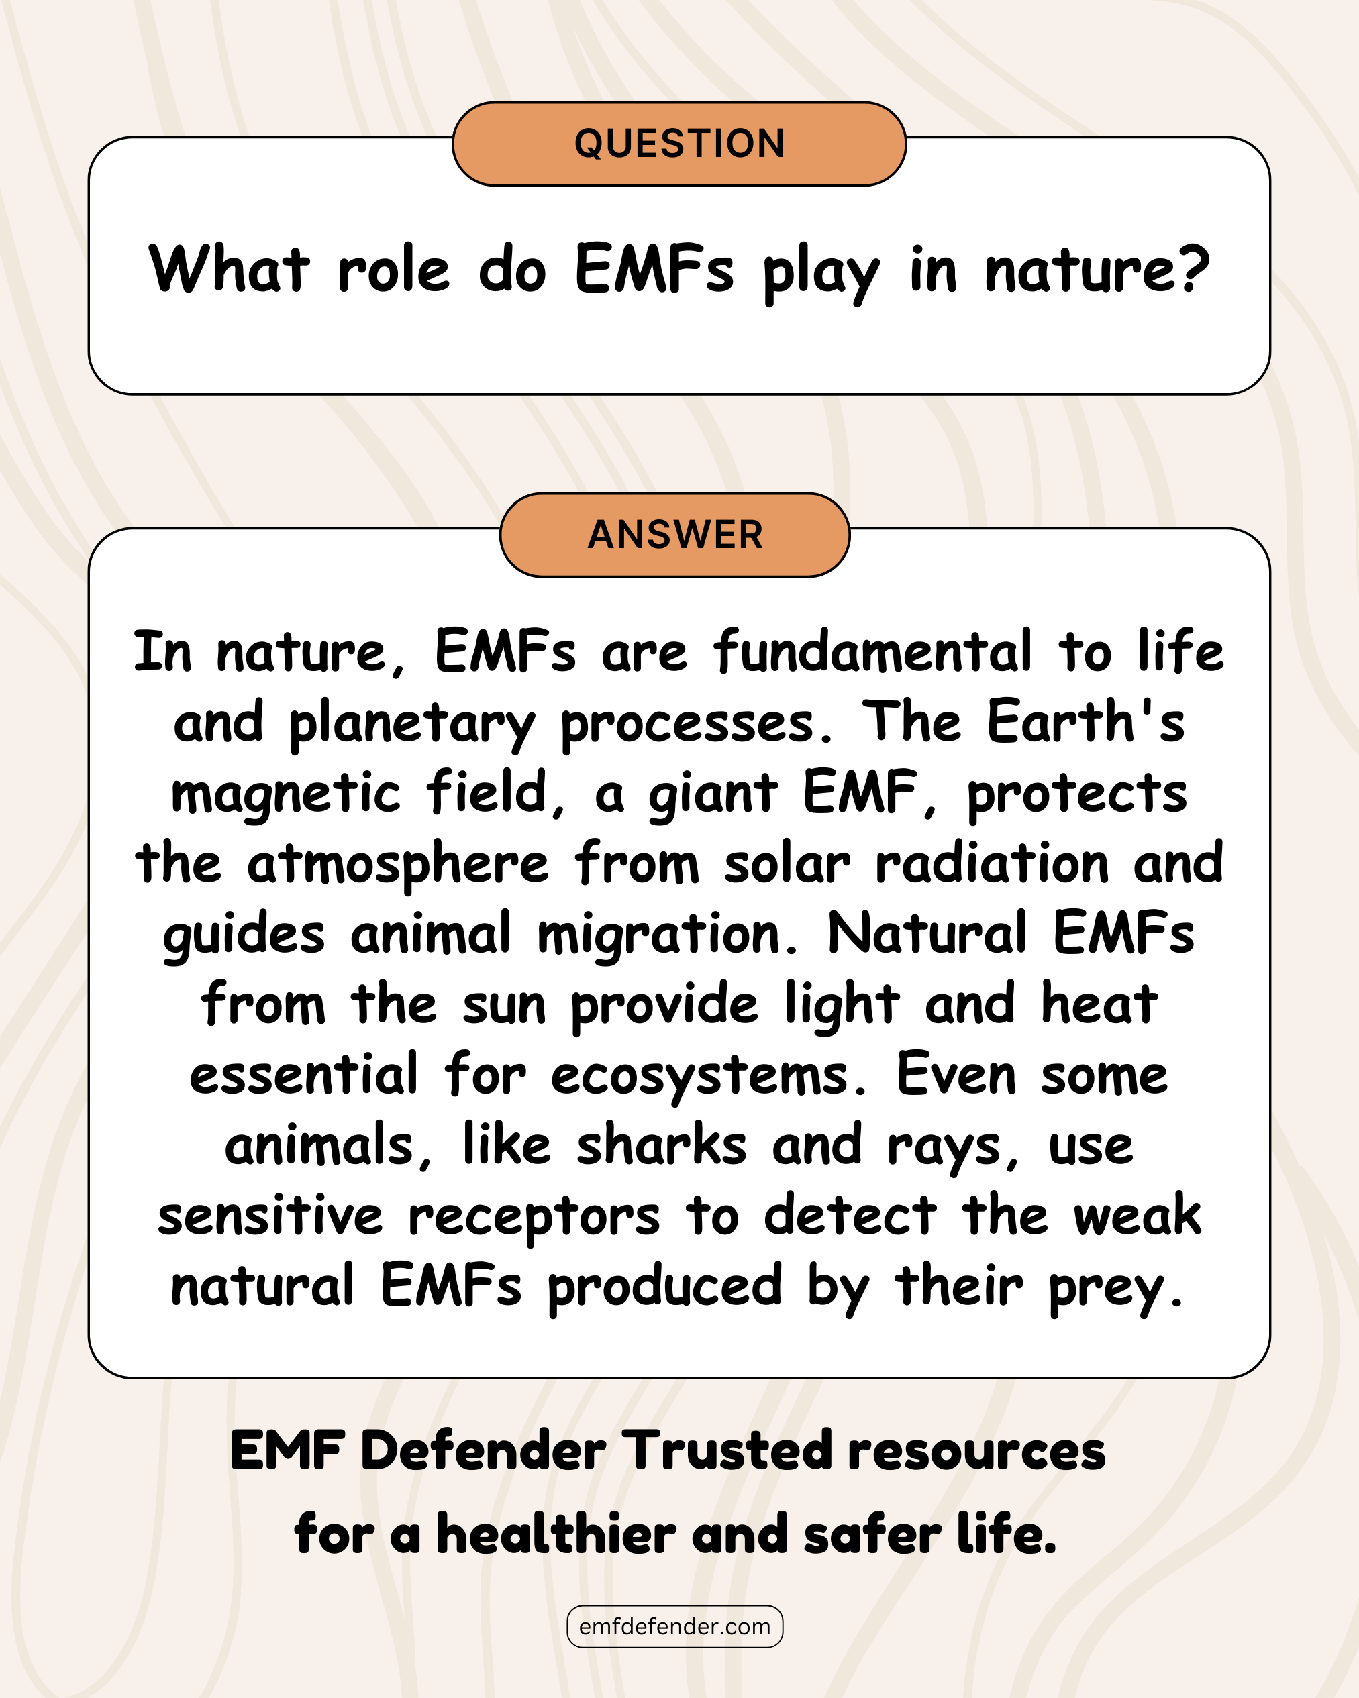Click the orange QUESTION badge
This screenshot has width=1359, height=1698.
tap(679, 144)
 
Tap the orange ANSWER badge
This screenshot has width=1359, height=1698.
tap(675, 535)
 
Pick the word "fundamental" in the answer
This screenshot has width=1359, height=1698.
tap(872, 651)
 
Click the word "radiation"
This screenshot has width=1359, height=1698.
tap(993, 863)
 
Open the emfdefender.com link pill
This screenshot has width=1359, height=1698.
tap(675, 1626)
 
